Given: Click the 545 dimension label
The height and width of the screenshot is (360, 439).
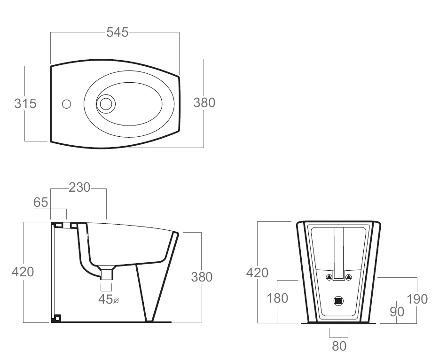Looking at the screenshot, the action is point(118,32).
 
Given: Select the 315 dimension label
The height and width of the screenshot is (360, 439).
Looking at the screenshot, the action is point(25,103).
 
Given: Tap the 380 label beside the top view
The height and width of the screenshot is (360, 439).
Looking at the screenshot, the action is point(204,103).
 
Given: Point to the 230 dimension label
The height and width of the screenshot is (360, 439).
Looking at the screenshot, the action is point(79,188).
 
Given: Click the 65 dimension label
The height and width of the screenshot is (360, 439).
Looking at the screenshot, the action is point(40,203).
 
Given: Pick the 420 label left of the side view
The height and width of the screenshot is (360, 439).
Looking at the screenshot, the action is point(23,272).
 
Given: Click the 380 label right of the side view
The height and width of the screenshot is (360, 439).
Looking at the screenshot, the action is point(202,277).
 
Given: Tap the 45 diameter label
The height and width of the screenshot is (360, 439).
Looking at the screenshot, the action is point(109,299).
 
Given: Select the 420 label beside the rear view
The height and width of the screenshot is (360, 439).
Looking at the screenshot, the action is point(257,273).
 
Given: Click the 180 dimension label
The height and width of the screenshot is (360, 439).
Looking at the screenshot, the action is point(277,298).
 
